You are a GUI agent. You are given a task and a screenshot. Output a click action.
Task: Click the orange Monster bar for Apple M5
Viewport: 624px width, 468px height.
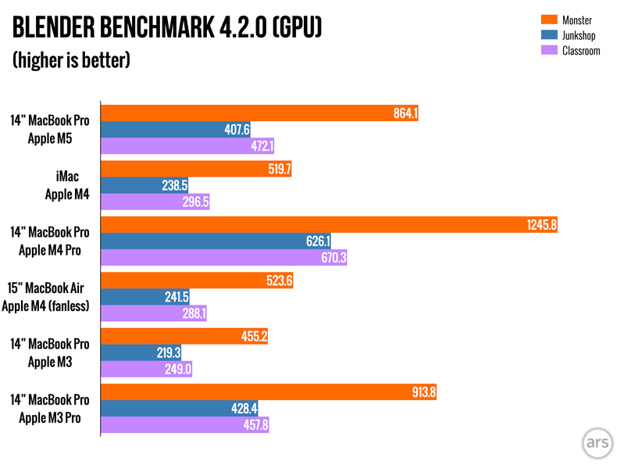(x=258, y=113)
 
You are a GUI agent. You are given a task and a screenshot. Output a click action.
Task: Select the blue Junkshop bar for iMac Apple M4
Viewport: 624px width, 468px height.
(x=144, y=186)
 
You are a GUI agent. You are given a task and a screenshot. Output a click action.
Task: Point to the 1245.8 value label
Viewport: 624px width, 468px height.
(x=540, y=225)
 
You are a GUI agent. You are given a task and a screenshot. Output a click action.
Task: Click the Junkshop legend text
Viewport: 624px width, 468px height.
(x=579, y=35)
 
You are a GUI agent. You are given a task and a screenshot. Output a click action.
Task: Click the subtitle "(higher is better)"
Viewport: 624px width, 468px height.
(x=70, y=60)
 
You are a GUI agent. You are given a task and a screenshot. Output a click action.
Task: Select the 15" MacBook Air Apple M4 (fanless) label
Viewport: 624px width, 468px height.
(x=47, y=297)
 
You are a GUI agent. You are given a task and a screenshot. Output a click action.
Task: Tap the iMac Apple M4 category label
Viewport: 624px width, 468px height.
(x=70, y=186)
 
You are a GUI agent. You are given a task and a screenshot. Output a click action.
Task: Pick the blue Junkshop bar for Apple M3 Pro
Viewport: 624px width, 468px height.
(x=180, y=409)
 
